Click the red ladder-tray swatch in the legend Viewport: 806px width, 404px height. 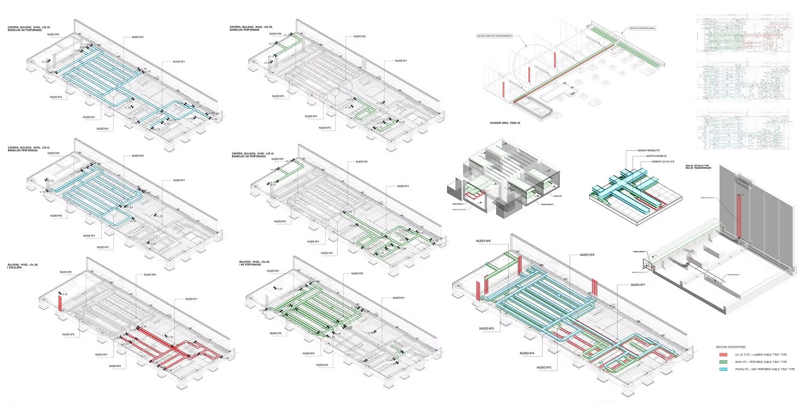[x=723, y=355]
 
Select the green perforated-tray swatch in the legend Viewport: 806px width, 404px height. [x=723, y=362]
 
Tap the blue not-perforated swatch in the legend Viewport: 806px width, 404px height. [x=723, y=369]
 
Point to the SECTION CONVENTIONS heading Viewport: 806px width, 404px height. [x=730, y=347]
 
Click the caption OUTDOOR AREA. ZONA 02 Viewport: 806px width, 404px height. [x=504, y=123]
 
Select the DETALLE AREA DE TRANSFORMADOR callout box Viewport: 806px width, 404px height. [x=494, y=36]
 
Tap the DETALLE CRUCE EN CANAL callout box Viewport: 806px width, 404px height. [x=642, y=28]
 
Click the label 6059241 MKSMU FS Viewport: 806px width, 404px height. [x=649, y=151]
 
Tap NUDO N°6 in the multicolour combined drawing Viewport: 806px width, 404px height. [x=483, y=241]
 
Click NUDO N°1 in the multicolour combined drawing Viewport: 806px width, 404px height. [x=638, y=284]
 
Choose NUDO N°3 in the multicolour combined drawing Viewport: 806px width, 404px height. [x=544, y=367]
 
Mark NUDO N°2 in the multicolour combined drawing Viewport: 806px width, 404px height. [x=587, y=255]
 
